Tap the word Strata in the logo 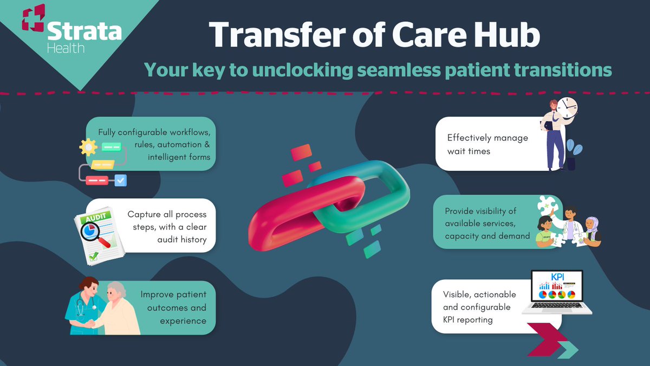(x=84, y=31)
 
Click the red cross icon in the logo (x=34, y=18)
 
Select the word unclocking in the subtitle (x=303, y=70)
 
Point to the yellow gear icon (x=88, y=147)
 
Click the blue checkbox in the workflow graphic (x=120, y=181)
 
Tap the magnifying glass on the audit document (x=93, y=234)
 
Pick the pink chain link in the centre (x=304, y=214)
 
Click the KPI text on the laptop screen (x=557, y=277)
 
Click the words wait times (x=469, y=151)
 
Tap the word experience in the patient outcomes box (x=183, y=321)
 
